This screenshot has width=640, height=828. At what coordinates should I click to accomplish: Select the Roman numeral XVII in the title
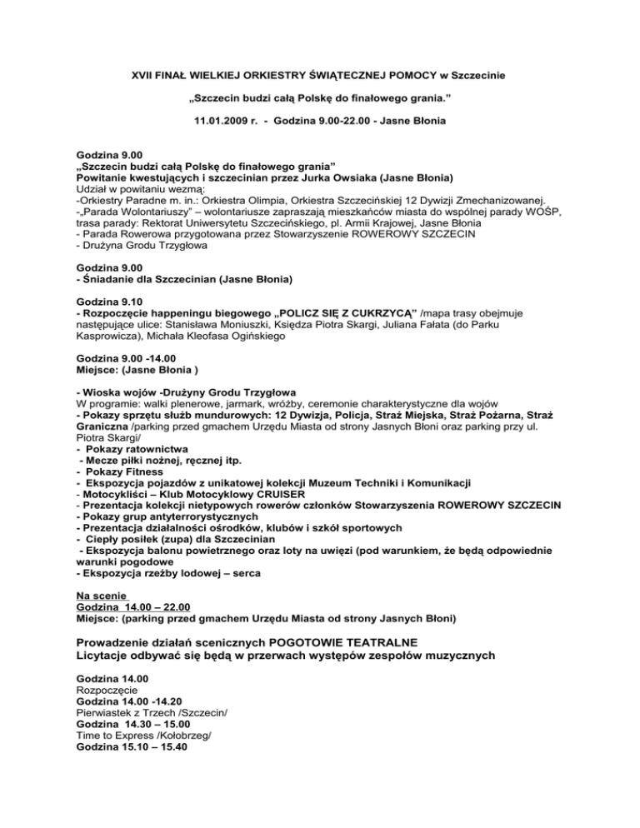click(x=146, y=76)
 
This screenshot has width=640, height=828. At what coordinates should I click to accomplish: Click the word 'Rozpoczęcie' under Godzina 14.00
click(x=102, y=691)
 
